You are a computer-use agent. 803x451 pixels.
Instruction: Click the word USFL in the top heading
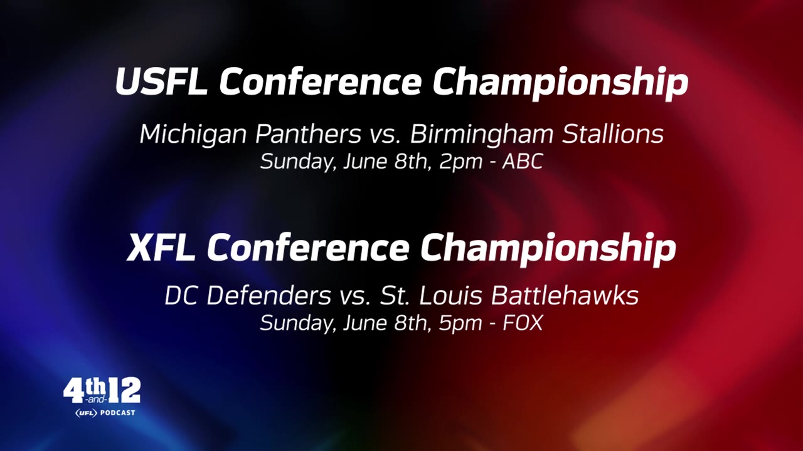pos(161,82)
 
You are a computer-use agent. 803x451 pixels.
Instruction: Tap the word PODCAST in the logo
pos(117,413)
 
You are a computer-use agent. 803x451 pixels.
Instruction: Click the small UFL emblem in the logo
pos(86,413)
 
